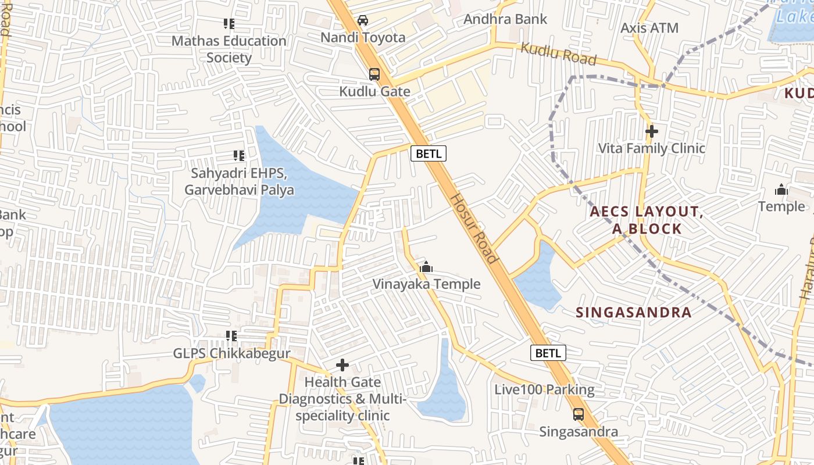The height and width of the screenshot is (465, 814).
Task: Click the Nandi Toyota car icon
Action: point(363,20)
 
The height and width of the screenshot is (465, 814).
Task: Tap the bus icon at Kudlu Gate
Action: point(374,74)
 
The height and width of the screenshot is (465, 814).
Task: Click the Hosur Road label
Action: point(474,228)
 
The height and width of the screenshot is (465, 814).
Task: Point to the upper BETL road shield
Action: point(429,153)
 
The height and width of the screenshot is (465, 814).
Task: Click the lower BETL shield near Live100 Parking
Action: point(548,353)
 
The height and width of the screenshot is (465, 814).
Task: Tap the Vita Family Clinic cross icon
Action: point(652,131)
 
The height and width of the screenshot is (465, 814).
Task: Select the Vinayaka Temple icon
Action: point(426,267)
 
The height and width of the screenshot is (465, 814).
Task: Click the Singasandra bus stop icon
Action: point(579,414)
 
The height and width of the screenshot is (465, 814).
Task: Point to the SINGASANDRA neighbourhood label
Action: point(634,312)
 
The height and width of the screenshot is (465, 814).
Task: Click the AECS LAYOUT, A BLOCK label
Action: point(647,220)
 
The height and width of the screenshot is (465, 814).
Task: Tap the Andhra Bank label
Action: point(505,19)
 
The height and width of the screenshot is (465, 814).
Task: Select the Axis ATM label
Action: point(649,27)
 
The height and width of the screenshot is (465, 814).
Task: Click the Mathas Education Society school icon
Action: point(229,24)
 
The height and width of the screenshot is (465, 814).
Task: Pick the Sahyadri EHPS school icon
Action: point(239,156)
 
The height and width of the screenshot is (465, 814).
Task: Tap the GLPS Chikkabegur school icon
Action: point(231,336)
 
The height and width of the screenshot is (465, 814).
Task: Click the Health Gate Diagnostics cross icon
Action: point(342,365)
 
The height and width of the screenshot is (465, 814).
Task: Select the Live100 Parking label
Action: point(544,389)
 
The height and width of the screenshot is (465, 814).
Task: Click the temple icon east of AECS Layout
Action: point(781,189)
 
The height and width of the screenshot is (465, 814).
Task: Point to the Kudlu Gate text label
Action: point(375,91)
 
